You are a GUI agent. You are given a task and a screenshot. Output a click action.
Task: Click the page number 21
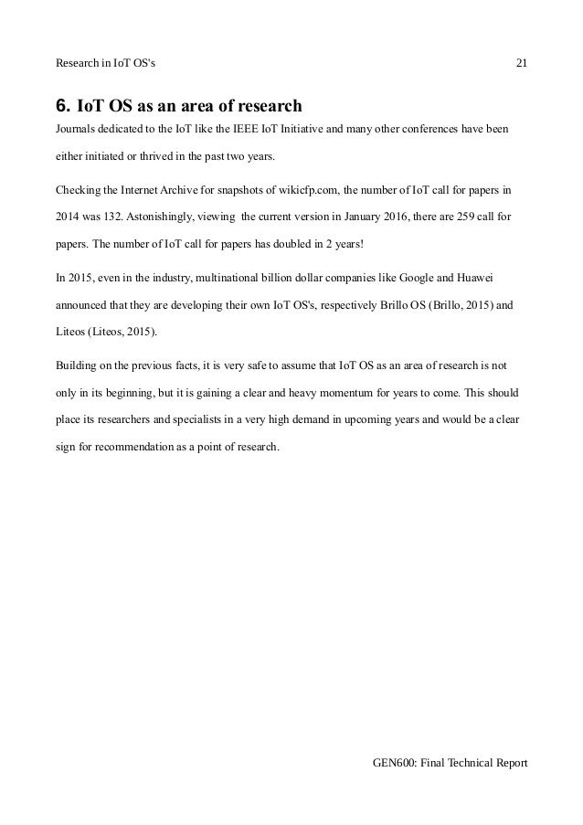522,63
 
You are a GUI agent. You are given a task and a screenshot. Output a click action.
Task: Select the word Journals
79,127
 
